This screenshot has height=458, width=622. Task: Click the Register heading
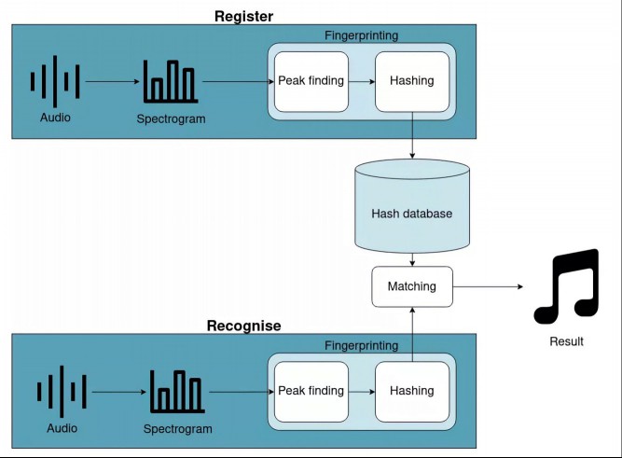tap(243, 16)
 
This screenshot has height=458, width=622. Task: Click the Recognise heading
tap(243, 326)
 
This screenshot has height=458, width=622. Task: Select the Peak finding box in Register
tap(311, 81)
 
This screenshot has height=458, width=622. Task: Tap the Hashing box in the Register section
tap(412, 81)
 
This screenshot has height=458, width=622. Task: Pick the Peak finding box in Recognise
tap(311, 392)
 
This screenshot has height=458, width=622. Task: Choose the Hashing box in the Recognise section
tap(412, 392)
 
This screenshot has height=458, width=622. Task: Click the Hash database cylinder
tap(412, 206)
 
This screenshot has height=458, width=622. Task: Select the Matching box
tap(412, 286)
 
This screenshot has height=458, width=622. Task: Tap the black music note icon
tap(566, 286)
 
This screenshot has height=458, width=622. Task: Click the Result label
tap(566, 341)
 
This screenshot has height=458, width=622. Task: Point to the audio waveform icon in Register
tap(55, 81)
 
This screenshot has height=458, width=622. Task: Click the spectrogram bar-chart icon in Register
tap(171, 81)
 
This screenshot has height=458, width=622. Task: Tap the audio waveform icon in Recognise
tap(62, 392)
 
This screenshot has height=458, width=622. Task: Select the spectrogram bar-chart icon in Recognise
tap(177, 392)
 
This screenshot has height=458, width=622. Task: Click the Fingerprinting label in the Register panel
tap(362, 35)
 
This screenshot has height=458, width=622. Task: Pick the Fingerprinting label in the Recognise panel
tap(362, 346)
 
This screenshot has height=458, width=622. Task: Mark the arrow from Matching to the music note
tap(488, 286)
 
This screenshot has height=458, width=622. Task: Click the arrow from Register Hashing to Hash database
tap(412, 135)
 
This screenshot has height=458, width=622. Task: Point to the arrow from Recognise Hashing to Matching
tap(412, 335)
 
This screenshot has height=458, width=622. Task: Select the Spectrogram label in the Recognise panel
tap(178, 429)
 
